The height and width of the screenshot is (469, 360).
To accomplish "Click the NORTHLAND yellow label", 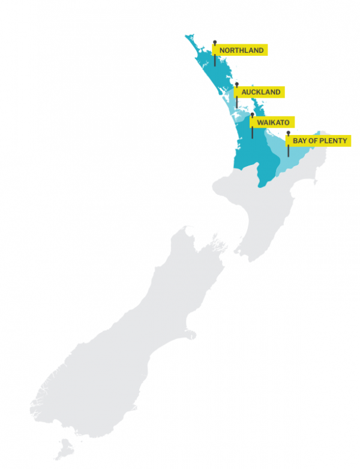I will pos(241,50).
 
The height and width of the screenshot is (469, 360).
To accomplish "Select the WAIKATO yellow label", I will pos(273,122).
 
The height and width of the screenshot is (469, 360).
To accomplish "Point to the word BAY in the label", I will pos(299,141).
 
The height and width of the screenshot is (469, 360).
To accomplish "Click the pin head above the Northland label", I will pos(214,42).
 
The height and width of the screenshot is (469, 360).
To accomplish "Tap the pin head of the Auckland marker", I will pos(236,84).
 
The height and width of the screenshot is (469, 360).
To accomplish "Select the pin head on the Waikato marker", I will pos(252,114).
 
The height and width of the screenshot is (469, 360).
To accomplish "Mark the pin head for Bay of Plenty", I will pos(288,133).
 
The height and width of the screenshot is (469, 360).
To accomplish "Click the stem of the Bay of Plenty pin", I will pos(288,151).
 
